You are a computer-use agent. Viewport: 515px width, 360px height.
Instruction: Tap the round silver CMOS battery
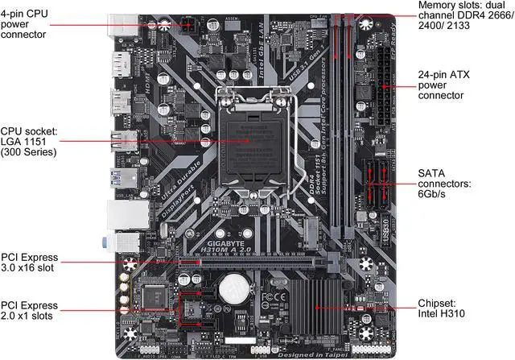point(236,288)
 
